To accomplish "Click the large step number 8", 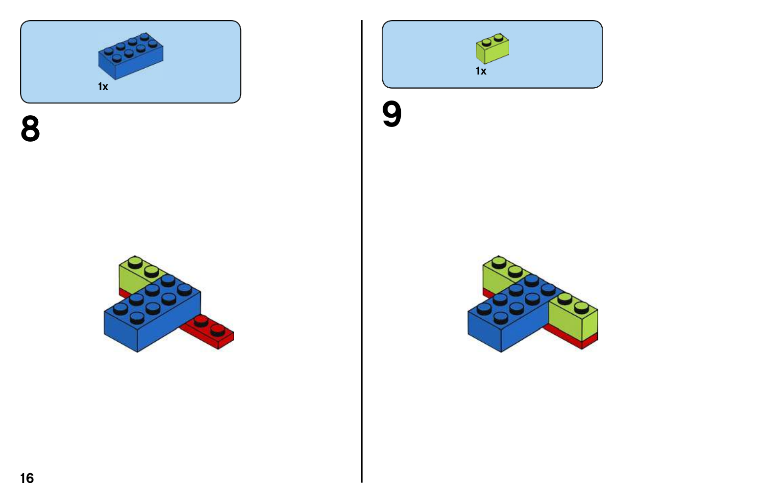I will tap(30, 129).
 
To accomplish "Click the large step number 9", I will tap(392, 114).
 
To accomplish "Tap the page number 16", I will tap(27, 478).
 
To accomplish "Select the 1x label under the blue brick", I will tap(103, 87).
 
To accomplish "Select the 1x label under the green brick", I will tap(481, 71).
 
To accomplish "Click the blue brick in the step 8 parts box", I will tap(130, 56).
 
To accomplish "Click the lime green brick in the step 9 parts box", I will tap(492, 49).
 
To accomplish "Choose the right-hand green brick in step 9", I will tap(573, 316).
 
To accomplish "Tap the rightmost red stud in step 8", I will tap(218, 328).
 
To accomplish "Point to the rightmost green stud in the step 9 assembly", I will tap(581, 307).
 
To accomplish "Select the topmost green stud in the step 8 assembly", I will tap(135, 261).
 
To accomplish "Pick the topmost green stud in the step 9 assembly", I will tap(498, 261).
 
